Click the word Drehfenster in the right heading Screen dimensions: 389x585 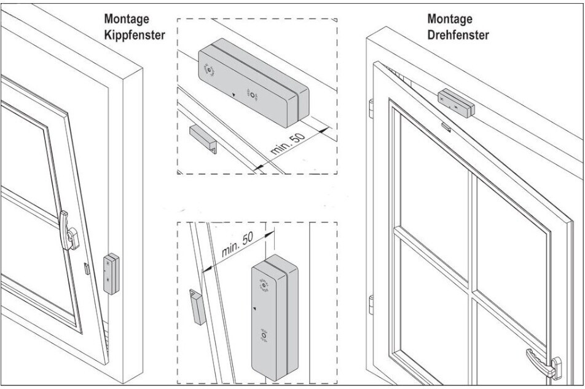pyautogui.click(x=458, y=35)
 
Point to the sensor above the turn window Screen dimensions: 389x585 pyautogui.click(x=457, y=103)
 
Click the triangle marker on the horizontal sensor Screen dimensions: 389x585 pyautogui.click(x=234, y=95)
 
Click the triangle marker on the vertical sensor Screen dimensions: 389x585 pyautogui.click(x=254, y=305)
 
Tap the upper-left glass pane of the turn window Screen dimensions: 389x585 pyautogui.click(x=433, y=178)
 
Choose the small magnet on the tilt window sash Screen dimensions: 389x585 pyautogui.click(x=87, y=268)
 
